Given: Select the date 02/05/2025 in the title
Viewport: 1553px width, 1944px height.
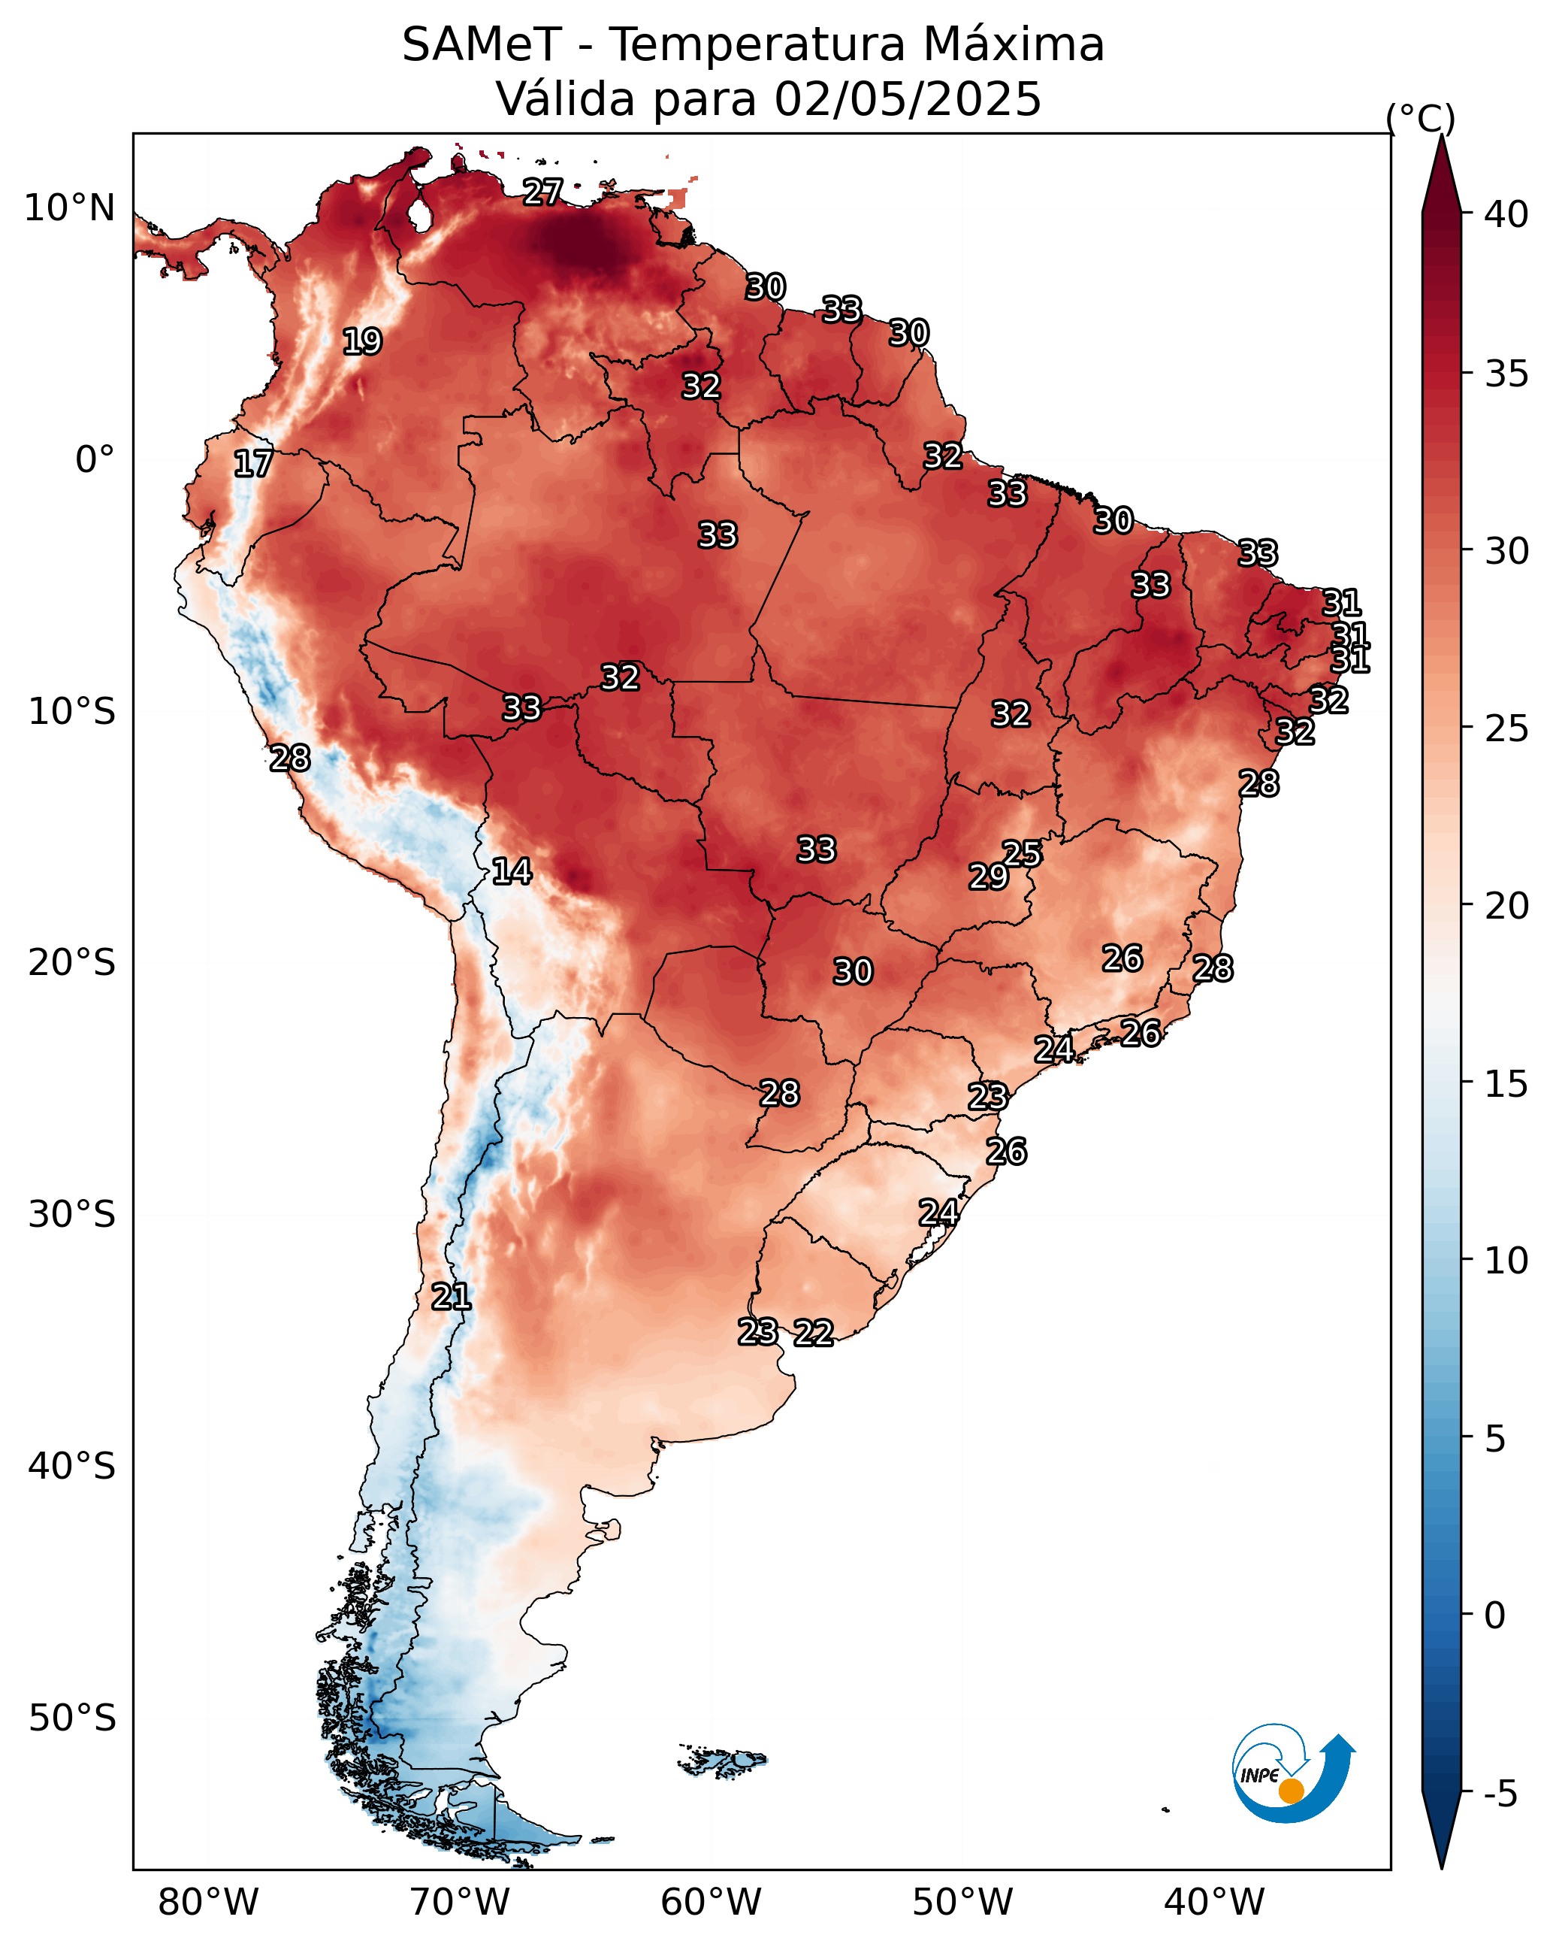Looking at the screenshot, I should click(907, 99).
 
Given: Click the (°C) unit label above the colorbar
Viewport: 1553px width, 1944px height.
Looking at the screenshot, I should click(1419, 118).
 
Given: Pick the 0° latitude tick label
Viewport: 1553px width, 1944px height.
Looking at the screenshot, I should click(95, 460).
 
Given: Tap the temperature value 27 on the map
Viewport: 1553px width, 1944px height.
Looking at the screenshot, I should click(542, 192).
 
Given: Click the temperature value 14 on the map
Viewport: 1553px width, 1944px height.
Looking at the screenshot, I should click(511, 871).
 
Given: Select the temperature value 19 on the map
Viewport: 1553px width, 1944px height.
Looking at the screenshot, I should click(362, 342).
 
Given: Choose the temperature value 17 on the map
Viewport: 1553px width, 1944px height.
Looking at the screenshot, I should click(253, 464).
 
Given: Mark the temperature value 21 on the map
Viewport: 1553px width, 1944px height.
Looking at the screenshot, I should click(451, 1297).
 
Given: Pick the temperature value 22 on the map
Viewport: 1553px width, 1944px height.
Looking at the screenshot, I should click(813, 1333).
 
